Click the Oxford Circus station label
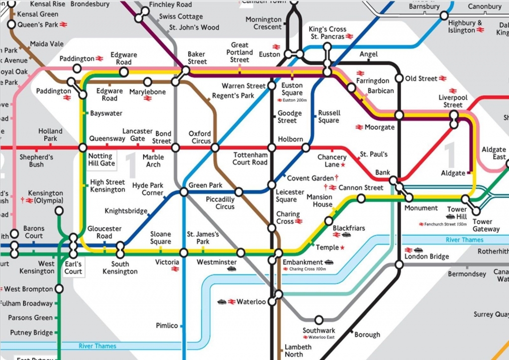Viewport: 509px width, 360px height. pos(200,137)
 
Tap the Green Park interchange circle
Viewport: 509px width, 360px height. pos(184,192)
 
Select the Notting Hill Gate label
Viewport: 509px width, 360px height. pos(101,160)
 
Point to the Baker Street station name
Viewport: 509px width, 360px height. pos(197,58)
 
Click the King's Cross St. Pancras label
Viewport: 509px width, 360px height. pos(328,33)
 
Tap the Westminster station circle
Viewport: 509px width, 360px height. pos(241,253)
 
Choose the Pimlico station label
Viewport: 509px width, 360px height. pos(167,326)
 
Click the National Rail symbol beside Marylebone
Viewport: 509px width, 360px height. pos(147,98)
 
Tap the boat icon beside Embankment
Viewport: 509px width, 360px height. pos(329,262)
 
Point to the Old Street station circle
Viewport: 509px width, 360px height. pos(399,78)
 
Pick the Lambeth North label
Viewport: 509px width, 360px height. pos(298,351)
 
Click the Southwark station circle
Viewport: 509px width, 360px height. pos(319,320)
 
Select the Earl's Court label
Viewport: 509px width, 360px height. pos(73,268)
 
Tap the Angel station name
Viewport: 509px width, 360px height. pos(368,54)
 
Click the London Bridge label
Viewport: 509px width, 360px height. pos(427,257)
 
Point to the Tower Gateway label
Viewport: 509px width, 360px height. pos(486,225)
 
